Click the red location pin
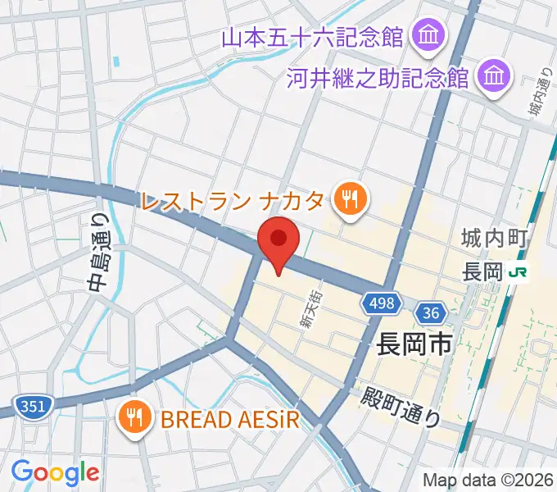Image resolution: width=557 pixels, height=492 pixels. pyautogui.click(x=278, y=241)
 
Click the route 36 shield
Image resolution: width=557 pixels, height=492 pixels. pyautogui.click(x=431, y=313)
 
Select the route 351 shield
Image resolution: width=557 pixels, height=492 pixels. pyautogui.click(x=34, y=405)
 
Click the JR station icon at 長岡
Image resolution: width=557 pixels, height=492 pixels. pyautogui.click(x=518, y=271)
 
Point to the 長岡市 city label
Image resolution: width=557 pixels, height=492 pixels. pyautogui.click(x=414, y=343)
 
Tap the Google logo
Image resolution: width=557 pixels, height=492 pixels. pyautogui.click(x=55, y=472)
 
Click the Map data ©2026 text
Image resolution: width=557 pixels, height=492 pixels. pyautogui.click(x=488, y=480)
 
